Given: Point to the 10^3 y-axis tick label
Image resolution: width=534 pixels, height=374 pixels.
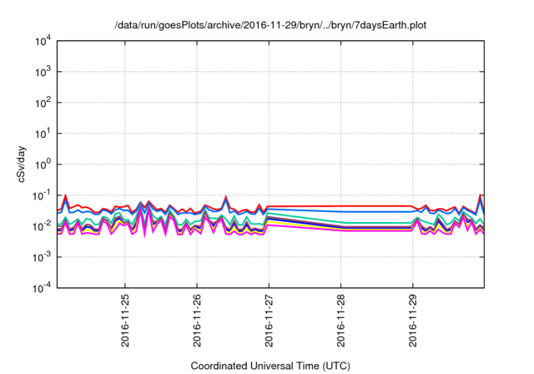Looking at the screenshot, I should coord(42,72).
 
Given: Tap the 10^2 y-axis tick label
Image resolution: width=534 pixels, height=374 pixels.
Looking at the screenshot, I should coord(42,103).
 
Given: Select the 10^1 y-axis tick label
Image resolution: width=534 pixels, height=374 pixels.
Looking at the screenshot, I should coord(42,134).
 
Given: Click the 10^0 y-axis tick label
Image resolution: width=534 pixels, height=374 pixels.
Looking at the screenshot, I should coord(42,164).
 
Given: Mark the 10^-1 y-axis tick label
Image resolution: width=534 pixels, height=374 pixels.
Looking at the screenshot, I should coord(41,195).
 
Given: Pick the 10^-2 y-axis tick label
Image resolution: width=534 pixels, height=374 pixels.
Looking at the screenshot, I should coord(41,226).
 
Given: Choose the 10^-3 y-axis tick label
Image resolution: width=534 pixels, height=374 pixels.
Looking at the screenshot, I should coord(41,257).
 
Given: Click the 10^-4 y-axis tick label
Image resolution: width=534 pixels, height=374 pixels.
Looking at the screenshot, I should coord(41,288).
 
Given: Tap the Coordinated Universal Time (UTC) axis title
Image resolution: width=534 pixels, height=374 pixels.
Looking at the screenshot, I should coord(270,366).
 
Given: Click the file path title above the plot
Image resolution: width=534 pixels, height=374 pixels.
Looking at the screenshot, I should coord(270,25).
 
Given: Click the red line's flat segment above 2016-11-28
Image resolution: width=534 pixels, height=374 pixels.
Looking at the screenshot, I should coord(341,206).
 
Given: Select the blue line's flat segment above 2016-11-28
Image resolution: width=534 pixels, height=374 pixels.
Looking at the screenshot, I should coord(341,212).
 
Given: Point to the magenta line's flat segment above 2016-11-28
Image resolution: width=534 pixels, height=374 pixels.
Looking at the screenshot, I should coord(341,230).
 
